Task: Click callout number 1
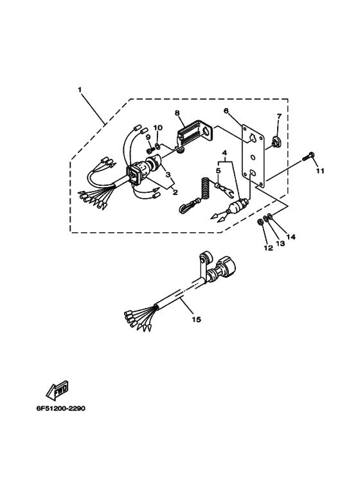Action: [80, 90]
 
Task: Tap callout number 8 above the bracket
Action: [177, 113]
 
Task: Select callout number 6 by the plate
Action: [226, 111]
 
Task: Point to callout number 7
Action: [279, 116]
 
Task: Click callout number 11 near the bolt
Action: [320, 171]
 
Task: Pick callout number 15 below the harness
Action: [197, 319]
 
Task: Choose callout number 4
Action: [224, 154]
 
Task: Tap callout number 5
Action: [218, 170]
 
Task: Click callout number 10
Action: [158, 128]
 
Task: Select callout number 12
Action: [268, 248]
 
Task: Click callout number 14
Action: [291, 237]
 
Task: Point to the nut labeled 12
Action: [259, 221]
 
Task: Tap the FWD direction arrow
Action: [57, 389]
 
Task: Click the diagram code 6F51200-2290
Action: [60, 408]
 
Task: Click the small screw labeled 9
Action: [148, 149]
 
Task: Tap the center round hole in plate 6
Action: [253, 158]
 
